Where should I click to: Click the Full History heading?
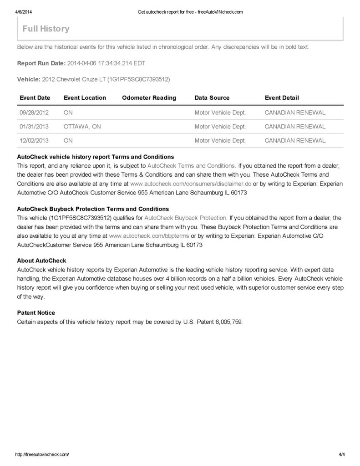pos(46,29)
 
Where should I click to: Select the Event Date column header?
pos(35,98)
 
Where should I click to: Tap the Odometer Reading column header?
pos(149,98)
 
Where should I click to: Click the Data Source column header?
pos(212,98)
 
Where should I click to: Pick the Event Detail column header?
pos(282,98)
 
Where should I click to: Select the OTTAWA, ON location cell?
pos(82,127)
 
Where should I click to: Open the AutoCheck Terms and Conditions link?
pos(191,166)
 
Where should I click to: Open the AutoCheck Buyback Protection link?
pos(185,218)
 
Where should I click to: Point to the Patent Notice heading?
pos(36,313)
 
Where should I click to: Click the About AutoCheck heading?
pos(41,261)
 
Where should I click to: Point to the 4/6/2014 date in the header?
pos(22,12)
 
